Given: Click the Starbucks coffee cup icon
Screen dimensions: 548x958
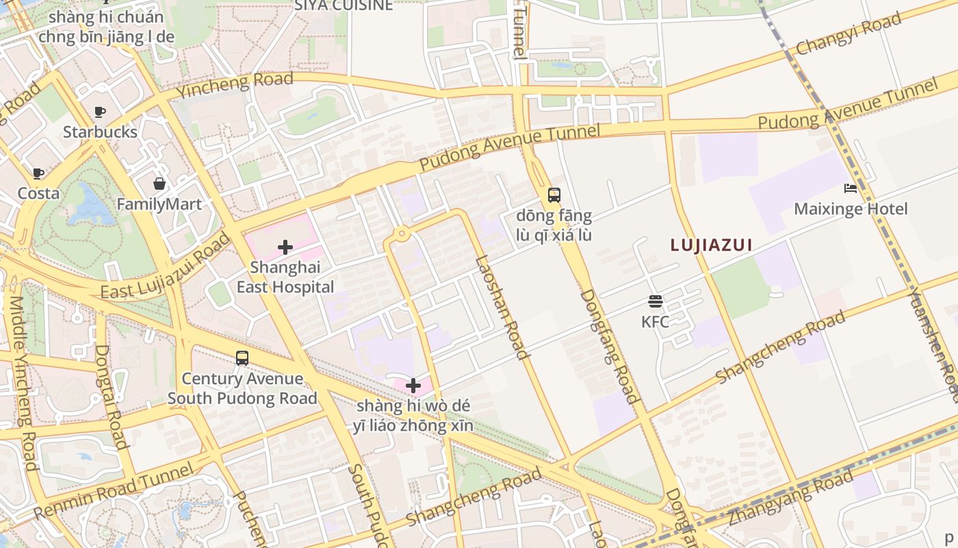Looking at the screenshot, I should (100, 112).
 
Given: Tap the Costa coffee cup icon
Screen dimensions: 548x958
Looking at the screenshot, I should (38, 173).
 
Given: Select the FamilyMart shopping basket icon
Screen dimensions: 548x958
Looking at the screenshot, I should (159, 184).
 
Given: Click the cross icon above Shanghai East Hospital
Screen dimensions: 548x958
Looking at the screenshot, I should (285, 247).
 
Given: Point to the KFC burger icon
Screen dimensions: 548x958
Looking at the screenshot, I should (655, 301).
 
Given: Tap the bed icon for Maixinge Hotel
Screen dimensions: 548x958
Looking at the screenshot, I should (851, 188).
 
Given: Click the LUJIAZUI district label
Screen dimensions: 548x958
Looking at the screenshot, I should (711, 245).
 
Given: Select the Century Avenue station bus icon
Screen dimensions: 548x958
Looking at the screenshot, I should (242, 358).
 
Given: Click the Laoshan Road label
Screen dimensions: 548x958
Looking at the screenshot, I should (502, 307).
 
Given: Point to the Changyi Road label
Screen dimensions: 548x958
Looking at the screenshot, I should (849, 35).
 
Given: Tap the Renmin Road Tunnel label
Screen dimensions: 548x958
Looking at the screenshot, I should (114, 491).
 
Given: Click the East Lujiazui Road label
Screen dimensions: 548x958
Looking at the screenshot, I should (166, 267).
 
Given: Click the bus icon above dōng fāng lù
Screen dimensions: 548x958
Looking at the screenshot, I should (554, 195).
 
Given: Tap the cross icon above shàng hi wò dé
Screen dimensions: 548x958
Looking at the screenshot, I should (413, 385).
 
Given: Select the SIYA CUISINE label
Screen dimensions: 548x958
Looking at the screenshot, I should (344, 5).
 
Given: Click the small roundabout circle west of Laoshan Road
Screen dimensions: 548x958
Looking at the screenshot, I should (401, 234).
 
